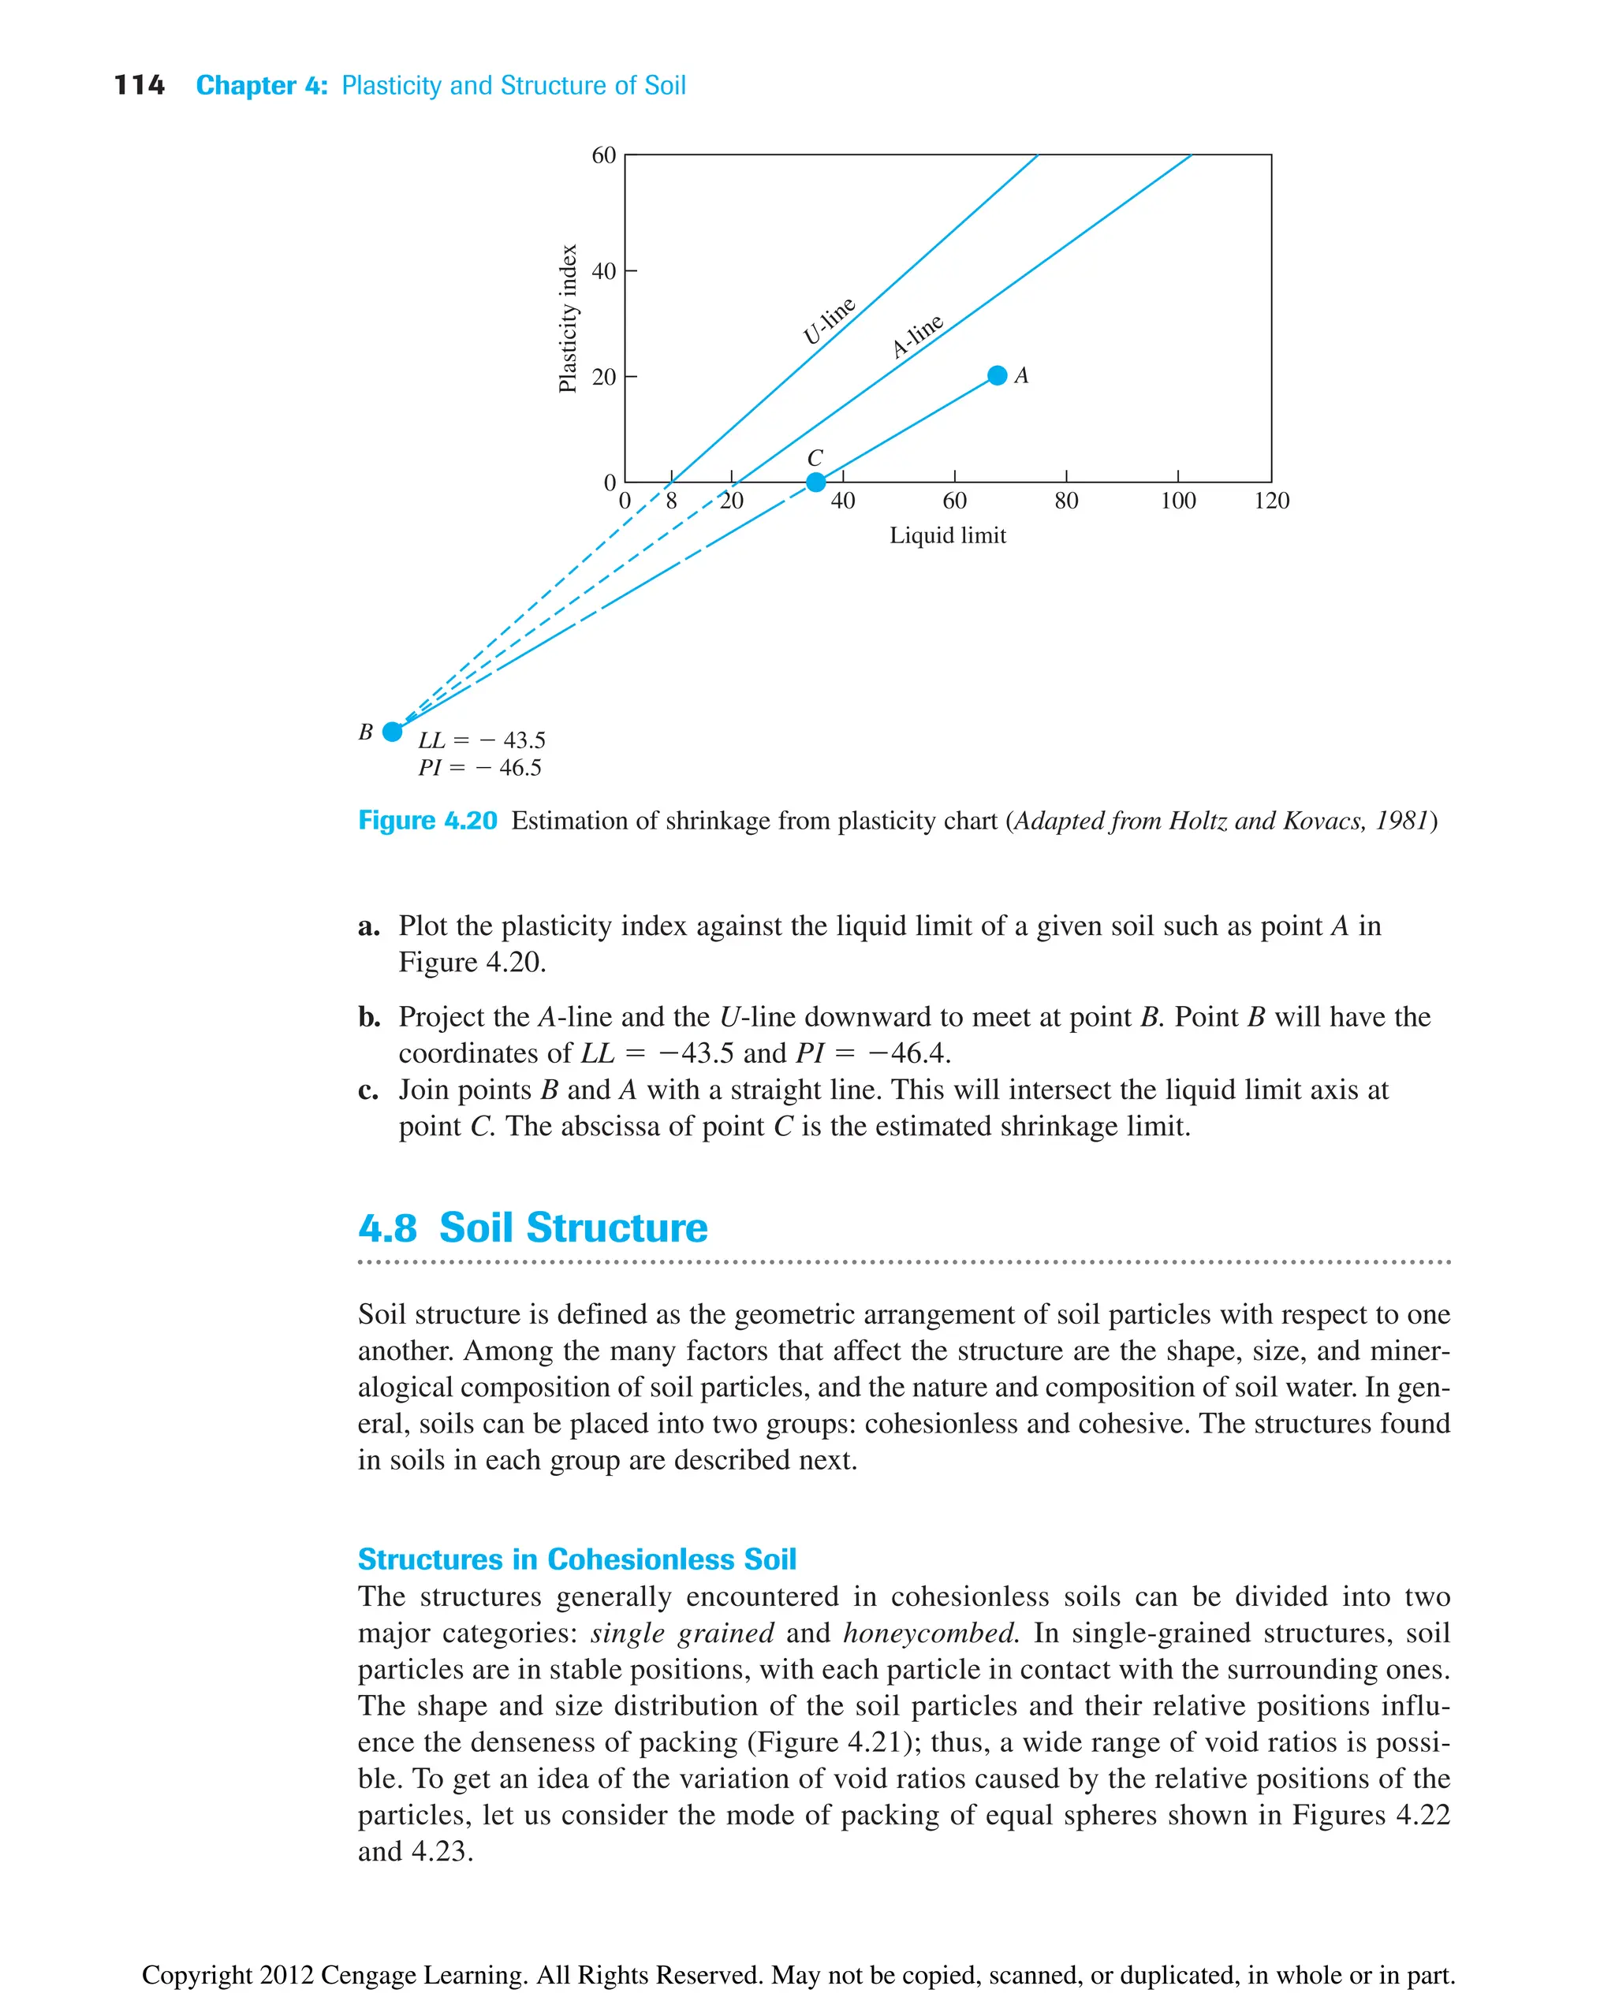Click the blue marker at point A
998,376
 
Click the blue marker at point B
393,731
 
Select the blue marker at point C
816,482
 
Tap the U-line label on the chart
828,321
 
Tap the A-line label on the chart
917,335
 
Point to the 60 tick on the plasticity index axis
604,155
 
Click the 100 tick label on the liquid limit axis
1178,501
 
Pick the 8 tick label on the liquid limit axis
671,501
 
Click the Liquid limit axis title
947,536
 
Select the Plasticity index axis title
568,319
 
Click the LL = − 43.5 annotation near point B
481,740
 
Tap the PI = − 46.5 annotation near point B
479,767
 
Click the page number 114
139,86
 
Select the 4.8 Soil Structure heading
532,1228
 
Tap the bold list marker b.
368,1017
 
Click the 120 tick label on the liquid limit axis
1271,501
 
